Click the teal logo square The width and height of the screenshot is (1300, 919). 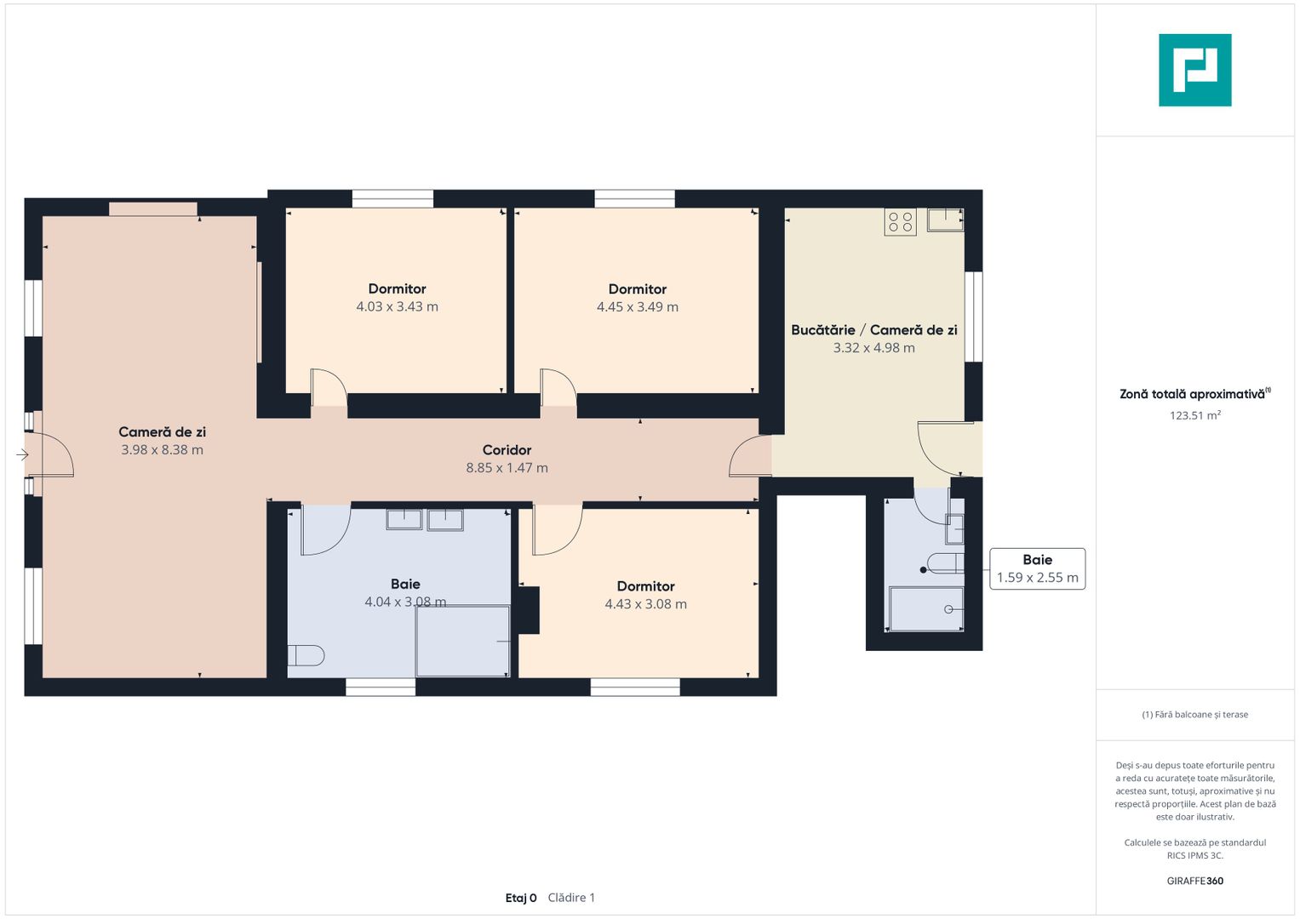pos(1195,70)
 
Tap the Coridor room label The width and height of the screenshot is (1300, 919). pos(507,449)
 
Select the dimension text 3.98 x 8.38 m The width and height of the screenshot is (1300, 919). pos(163,449)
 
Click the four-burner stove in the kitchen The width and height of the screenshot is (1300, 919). pos(900,221)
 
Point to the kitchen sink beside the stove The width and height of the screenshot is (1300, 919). pos(945,220)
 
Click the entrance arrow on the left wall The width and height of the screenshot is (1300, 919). pos(22,455)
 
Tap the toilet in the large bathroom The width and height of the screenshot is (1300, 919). pos(306,655)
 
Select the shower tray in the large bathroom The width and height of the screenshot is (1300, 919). pos(462,641)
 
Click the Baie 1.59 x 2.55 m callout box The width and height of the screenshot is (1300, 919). pos(1037,568)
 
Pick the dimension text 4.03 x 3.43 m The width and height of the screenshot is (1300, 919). pos(398,306)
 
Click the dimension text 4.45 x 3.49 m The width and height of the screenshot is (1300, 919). pos(638,307)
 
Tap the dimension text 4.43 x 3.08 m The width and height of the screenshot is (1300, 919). pos(646,604)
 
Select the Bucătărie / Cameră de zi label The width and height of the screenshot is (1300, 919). pos(874,330)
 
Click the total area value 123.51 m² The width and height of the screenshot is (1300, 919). pos(1195,415)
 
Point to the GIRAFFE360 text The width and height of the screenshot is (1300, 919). pos(1195,880)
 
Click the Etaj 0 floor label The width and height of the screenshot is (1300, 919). pos(521,898)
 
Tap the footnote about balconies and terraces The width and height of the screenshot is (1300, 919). pos(1195,714)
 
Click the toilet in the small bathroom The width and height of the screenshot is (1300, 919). pos(945,563)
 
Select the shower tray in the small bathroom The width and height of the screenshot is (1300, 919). pos(926,608)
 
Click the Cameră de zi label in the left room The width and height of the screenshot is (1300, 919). pos(163,431)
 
